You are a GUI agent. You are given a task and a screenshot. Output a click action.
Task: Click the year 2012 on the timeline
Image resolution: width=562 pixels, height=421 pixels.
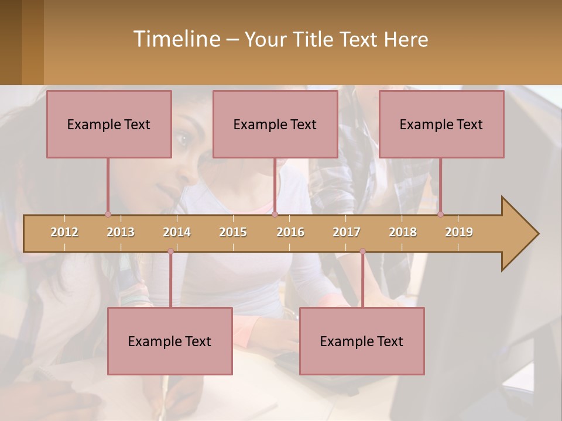point(64,232)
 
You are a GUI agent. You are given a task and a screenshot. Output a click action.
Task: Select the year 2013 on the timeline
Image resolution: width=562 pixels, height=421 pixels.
point(121,232)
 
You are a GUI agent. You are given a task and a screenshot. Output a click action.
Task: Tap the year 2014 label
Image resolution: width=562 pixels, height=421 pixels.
point(177,232)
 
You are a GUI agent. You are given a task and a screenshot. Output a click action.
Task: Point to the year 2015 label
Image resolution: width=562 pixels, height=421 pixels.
point(233,232)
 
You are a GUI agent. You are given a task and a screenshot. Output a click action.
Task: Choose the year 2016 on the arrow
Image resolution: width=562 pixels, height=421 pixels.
point(290,232)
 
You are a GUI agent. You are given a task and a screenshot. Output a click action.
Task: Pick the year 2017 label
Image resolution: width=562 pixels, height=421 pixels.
point(347,232)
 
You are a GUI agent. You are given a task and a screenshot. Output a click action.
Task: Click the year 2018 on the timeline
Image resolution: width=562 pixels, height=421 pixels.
point(403,232)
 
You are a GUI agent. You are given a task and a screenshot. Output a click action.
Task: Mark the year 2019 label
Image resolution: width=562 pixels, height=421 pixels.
point(459,232)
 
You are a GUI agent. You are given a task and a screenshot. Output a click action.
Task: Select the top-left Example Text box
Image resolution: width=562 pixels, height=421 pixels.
point(109,124)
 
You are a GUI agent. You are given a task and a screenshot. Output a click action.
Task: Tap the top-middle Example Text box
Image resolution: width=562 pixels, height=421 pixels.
point(275,124)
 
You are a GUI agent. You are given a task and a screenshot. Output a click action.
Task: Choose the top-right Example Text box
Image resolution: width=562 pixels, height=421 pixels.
point(441,124)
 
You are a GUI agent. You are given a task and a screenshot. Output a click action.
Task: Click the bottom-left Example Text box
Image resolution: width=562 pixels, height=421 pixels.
point(170,341)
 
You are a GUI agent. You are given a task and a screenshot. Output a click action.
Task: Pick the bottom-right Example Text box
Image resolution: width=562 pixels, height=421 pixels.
point(362,341)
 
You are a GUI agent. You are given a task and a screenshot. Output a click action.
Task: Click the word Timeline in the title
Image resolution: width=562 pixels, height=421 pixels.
point(176,39)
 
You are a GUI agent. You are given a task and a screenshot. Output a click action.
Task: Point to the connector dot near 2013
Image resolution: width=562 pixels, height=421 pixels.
point(108,214)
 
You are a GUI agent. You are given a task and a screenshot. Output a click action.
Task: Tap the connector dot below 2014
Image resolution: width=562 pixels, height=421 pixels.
point(170,251)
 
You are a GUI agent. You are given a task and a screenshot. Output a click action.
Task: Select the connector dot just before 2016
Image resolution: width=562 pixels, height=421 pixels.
point(275,214)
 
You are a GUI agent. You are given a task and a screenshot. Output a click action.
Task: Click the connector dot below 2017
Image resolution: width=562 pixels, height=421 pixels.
point(362,251)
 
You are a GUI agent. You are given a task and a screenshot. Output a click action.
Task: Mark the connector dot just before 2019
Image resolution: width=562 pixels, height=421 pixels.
point(440,214)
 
